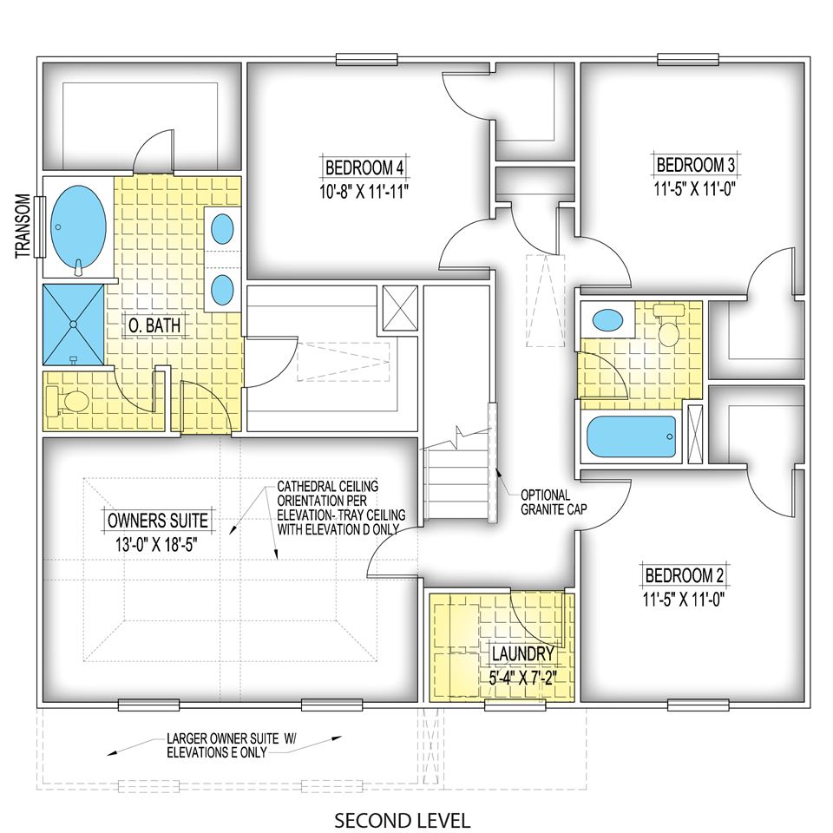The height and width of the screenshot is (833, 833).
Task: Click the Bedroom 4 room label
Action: pyautogui.click(x=364, y=167)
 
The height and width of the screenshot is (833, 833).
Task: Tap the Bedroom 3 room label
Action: pyautogui.click(x=695, y=165)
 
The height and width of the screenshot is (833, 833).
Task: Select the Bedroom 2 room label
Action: pyautogui.click(x=685, y=575)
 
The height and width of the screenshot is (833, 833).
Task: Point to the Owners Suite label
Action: pyautogui.click(x=158, y=520)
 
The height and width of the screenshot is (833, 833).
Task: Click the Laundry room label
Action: pyautogui.click(x=522, y=654)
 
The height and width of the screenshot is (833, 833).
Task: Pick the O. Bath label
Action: pyautogui.click(x=154, y=325)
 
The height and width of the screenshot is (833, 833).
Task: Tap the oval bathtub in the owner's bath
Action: pyautogui.click(x=79, y=231)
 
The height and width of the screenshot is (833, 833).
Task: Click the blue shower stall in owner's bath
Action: pyautogui.click(x=73, y=325)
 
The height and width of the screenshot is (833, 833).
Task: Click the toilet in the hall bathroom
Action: pyautogui.click(x=667, y=325)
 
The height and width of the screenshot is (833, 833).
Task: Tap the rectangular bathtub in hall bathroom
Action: pyautogui.click(x=631, y=436)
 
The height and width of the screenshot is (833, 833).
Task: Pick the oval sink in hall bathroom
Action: pyautogui.click(x=607, y=320)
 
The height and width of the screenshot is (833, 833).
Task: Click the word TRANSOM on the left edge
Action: pyautogui.click(x=23, y=226)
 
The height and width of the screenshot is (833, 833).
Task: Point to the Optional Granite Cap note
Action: pyautogui.click(x=554, y=502)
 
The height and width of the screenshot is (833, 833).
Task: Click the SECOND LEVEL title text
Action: pyautogui.click(x=402, y=820)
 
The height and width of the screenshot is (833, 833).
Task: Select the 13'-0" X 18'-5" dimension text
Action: pyautogui.click(x=157, y=545)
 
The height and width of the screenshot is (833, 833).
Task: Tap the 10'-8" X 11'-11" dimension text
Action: pyautogui.click(x=364, y=191)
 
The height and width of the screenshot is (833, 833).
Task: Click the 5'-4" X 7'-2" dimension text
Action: pyautogui.click(x=522, y=678)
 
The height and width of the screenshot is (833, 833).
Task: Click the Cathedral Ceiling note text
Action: pyautogui.click(x=341, y=508)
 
